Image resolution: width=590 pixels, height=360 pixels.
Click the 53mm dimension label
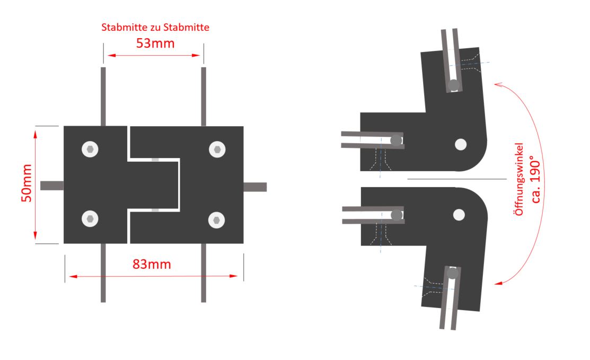155,43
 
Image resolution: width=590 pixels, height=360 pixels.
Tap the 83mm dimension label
152,264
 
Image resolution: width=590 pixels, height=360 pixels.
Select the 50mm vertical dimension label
27,183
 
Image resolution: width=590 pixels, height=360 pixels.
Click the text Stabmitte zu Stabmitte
155,27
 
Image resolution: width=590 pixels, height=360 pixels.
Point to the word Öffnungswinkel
519,179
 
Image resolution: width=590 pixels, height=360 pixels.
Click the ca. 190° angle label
535,179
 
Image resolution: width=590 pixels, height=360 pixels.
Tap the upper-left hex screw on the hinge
90,150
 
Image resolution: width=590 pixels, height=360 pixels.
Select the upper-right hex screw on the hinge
217,150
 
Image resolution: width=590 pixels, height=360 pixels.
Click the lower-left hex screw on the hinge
90,218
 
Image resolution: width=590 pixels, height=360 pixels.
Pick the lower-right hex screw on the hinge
216,220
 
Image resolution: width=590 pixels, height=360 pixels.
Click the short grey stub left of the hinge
52,186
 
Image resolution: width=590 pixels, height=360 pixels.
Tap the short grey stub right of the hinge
255,187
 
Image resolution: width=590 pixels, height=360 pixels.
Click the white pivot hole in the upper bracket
461,144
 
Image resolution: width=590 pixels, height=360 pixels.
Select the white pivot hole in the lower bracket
459,215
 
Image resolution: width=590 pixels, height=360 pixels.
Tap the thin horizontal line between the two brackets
457,179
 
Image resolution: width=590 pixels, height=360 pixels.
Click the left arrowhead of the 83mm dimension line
73,276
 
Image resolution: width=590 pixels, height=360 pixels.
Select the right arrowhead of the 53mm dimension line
196,55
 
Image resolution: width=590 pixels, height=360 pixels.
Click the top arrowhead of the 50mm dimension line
36,134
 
